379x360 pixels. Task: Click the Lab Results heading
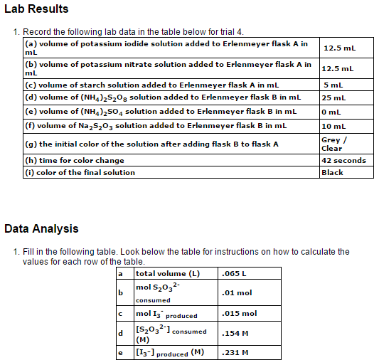36,9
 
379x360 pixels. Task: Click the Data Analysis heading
41,229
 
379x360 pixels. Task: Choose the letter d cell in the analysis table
121,333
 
